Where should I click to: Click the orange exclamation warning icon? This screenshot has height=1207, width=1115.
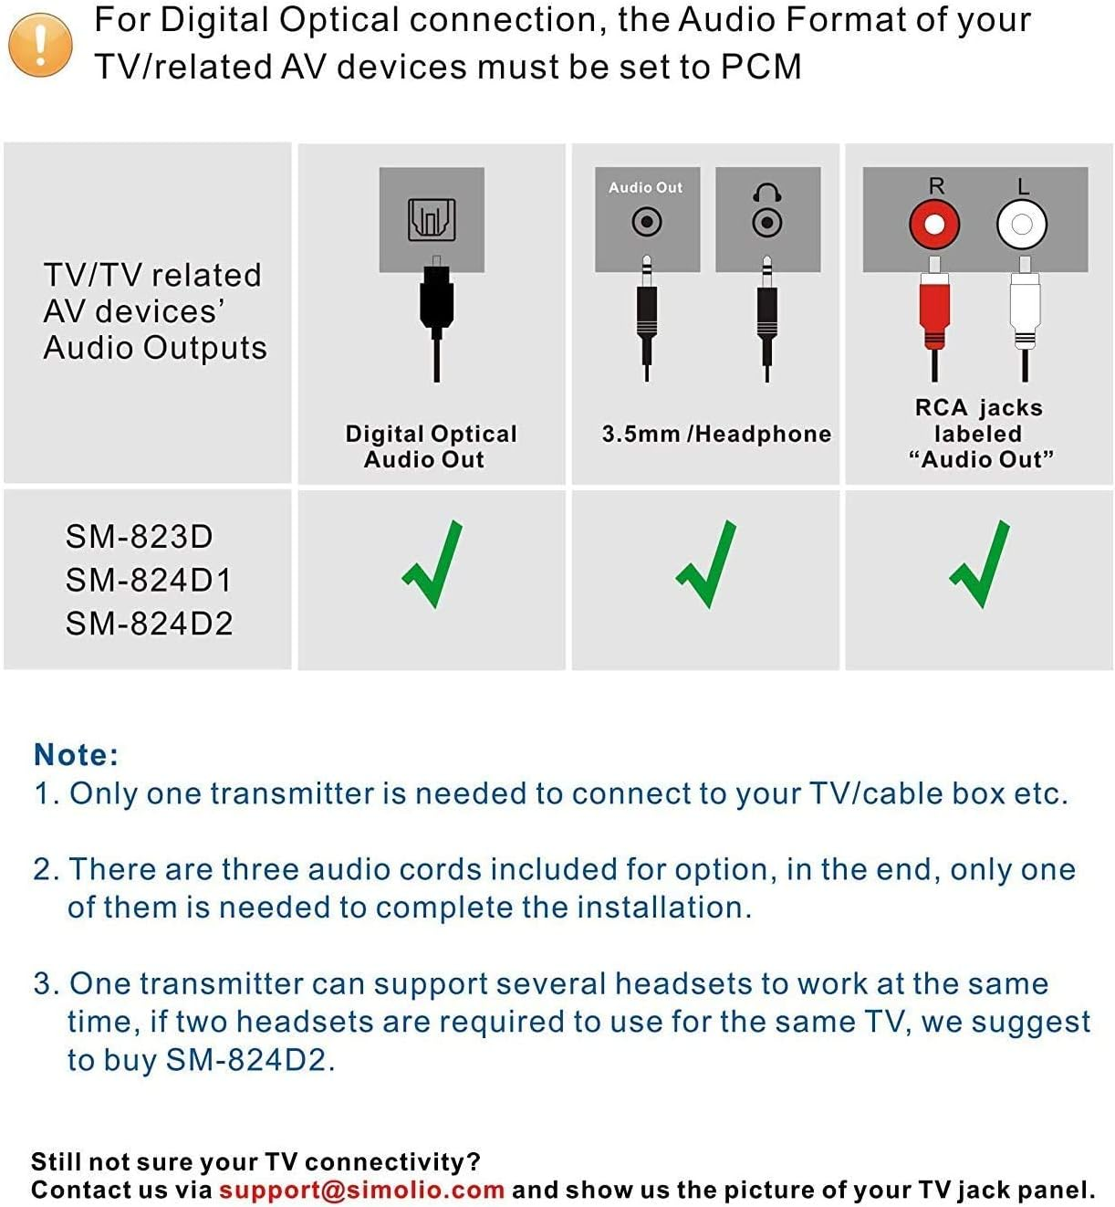click(40, 45)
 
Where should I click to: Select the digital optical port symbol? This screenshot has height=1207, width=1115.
click(432, 219)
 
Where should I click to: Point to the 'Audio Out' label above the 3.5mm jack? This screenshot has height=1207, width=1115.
click(645, 187)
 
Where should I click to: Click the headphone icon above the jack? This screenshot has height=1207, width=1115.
click(766, 193)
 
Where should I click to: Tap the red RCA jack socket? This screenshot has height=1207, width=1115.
click(934, 225)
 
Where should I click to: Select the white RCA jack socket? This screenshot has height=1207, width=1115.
click(1021, 225)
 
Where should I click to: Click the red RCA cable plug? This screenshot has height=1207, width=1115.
click(934, 310)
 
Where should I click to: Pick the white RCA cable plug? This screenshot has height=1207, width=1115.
click(1025, 310)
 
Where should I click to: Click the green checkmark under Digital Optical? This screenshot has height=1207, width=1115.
click(433, 564)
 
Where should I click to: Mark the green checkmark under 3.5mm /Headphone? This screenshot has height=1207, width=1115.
click(707, 564)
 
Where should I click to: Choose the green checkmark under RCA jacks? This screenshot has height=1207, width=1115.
click(980, 564)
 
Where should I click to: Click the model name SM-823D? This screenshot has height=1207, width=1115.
click(139, 536)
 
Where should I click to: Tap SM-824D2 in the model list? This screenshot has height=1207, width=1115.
click(149, 624)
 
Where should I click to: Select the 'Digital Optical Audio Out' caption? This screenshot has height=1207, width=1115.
click(430, 446)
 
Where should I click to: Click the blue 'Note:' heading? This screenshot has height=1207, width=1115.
click(76, 754)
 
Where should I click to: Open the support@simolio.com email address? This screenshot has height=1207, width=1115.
click(361, 1190)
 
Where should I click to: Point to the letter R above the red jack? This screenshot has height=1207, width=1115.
click(936, 185)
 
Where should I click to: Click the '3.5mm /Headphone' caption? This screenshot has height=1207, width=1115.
click(716, 434)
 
